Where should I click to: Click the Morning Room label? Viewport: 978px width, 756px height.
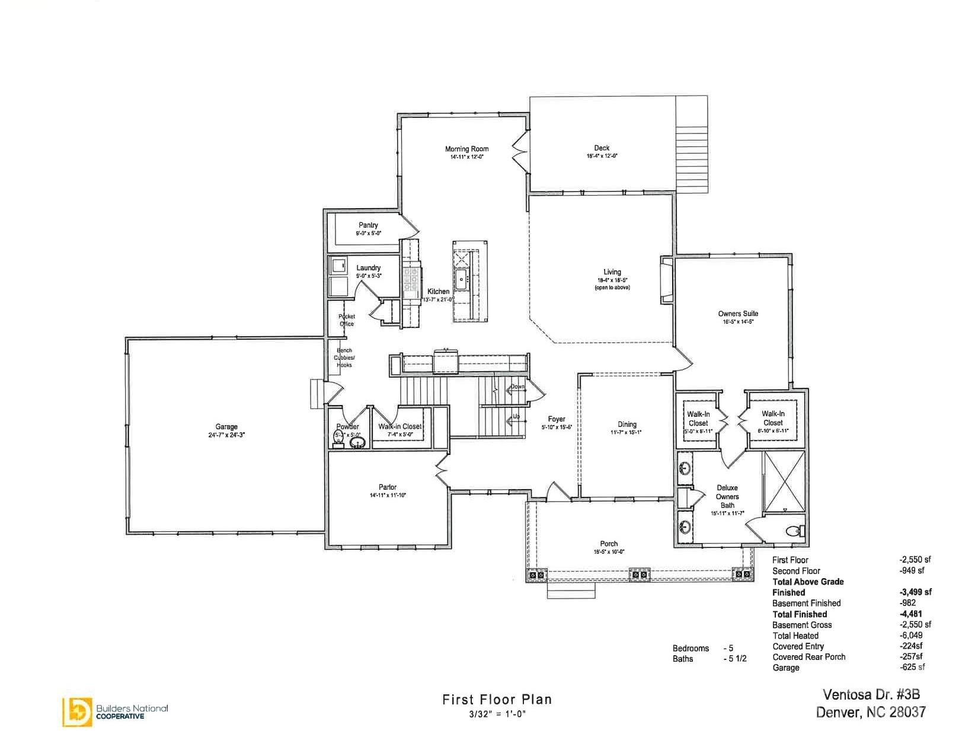(466, 149)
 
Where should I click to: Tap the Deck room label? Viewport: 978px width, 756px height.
(602, 148)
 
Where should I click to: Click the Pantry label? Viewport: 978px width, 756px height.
(368, 225)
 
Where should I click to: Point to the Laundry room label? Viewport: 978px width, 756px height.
(368, 268)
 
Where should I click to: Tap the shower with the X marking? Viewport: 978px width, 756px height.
(784, 481)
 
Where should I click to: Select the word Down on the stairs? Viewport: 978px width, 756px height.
(517, 387)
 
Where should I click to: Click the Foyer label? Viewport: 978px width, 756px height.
(556, 419)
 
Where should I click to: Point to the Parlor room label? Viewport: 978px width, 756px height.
(388, 487)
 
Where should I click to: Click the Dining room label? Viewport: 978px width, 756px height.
(627, 425)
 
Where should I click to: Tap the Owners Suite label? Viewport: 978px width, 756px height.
(738, 314)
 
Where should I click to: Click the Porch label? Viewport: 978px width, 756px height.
(609, 544)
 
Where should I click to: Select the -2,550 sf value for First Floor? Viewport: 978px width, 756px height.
(915, 560)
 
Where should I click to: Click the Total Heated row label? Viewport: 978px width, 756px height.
(795, 636)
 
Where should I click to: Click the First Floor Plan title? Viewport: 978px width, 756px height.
(497, 700)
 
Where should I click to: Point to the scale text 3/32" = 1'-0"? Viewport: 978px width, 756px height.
(497, 714)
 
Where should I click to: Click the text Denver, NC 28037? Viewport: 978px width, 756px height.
(870, 712)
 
